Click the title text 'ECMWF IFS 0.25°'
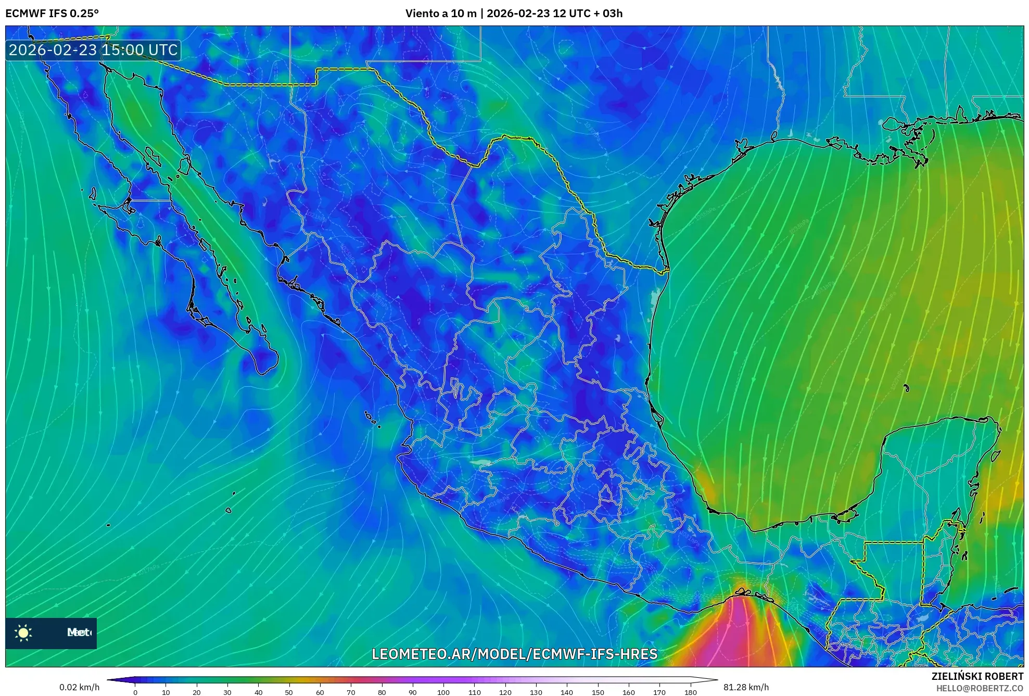click(52, 14)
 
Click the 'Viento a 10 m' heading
click(440, 14)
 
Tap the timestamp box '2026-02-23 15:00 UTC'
click(93, 50)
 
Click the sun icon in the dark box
click(23, 632)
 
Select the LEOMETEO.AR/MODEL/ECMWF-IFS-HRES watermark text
click(514, 654)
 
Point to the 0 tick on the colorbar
click(135, 692)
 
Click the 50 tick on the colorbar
click(289, 692)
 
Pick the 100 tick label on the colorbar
click(443, 692)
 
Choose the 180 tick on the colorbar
click(690, 692)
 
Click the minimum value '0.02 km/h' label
click(79, 687)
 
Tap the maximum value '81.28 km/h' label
click(746, 687)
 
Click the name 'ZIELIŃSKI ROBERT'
click(977, 676)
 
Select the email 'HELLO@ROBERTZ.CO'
click(980, 688)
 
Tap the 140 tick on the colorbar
click(567, 692)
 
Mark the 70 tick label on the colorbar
click(351, 692)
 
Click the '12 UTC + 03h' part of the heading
click(588, 14)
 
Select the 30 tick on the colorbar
click(227, 692)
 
